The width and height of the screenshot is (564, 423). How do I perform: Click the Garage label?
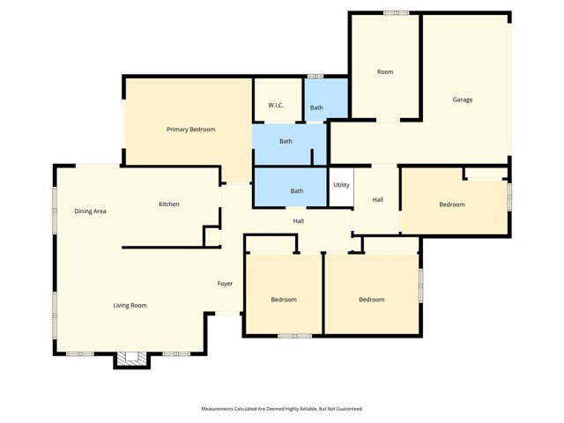point(463,100)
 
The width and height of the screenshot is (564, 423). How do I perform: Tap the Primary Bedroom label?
point(191,130)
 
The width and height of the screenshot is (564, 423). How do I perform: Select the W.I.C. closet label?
point(276,106)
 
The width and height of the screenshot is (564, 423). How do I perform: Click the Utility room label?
point(341,185)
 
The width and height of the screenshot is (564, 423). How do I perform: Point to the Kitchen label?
point(168,204)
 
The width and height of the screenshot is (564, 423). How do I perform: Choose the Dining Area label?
point(90,211)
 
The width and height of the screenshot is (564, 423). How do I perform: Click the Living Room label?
point(130,306)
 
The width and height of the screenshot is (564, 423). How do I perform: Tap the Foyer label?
point(226,284)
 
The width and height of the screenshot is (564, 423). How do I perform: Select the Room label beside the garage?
point(385,71)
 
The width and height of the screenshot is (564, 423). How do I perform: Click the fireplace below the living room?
point(132,358)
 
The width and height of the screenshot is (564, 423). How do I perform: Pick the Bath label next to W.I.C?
point(316,108)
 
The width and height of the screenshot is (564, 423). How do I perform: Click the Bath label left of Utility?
point(297,190)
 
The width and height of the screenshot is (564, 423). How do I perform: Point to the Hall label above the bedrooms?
point(299,220)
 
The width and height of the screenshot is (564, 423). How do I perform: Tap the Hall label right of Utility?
point(377,200)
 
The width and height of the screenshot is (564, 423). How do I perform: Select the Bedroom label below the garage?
point(452,204)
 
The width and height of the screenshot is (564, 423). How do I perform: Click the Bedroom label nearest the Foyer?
point(284,300)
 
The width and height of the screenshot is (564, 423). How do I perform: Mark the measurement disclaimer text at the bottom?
point(282,409)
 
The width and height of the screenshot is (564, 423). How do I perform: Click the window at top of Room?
point(397,12)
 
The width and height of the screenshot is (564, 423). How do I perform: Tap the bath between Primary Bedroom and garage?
point(286,141)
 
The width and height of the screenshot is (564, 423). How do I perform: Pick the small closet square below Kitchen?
point(211,236)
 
